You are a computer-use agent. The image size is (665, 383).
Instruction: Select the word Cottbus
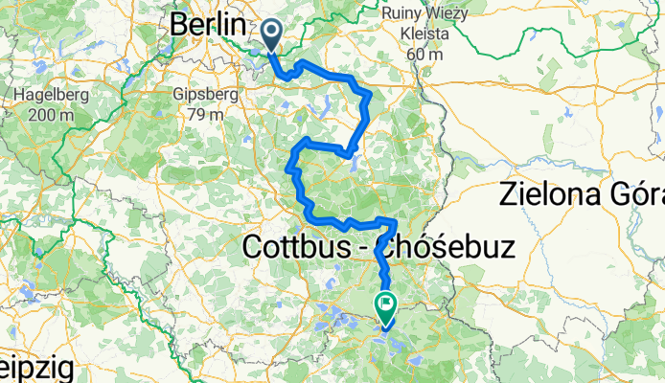point(298,247)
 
